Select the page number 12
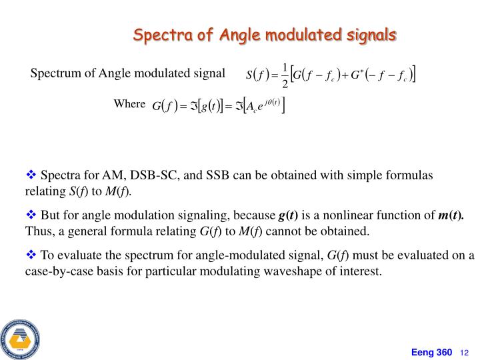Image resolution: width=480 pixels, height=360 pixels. [465, 352]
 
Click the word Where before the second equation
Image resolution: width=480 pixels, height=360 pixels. [129, 104]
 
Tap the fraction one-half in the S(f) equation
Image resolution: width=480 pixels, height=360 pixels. [286, 75]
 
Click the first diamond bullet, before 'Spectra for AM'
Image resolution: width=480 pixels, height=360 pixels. [31, 175]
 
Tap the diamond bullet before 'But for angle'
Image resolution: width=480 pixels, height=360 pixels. [31, 215]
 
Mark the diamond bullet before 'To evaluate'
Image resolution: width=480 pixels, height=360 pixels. [31, 255]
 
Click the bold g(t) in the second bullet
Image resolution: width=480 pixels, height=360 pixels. [288, 215]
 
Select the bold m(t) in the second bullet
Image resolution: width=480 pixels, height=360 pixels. [451, 215]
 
